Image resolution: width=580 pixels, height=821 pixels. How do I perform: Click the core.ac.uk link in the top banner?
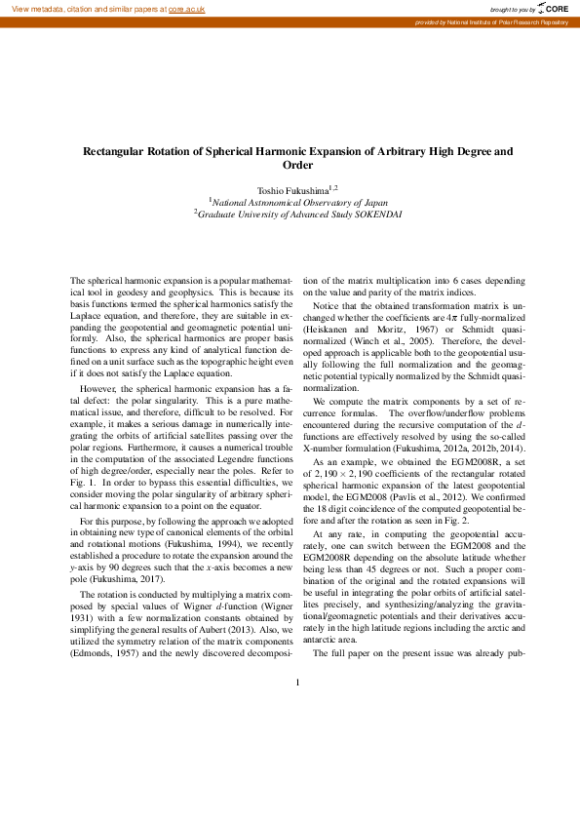(x=186, y=8)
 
